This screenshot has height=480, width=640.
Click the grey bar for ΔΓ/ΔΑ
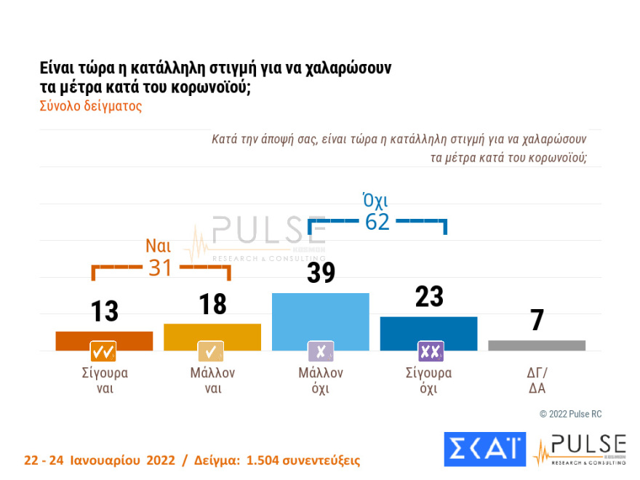(x=537, y=345)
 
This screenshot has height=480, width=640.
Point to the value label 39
(x=321, y=273)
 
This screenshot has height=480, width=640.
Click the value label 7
(x=537, y=321)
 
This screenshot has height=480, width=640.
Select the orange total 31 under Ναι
(x=161, y=268)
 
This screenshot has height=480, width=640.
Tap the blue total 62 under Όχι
(x=377, y=222)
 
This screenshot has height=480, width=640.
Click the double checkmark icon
(x=104, y=352)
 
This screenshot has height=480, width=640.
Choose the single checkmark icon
(x=212, y=352)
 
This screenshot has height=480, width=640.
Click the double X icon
(x=431, y=352)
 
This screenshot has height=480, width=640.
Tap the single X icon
(x=321, y=352)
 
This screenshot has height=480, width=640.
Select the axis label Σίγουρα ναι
(x=105, y=380)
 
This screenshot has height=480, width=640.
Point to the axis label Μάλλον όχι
(x=321, y=380)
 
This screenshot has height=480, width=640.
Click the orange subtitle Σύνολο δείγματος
(x=90, y=105)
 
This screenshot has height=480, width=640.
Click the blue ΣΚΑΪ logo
(x=484, y=449)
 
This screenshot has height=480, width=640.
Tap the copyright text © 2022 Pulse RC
(x=570, y=414)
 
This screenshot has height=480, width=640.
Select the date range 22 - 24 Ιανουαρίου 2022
(x=100, y=461)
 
